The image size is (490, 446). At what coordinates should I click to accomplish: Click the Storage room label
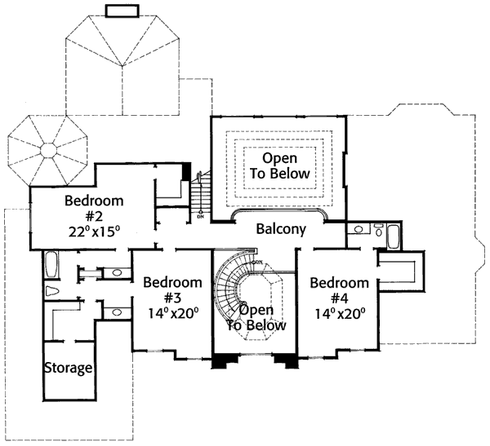[x=68, y=368]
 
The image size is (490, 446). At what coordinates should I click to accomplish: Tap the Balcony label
[x=281, y=229]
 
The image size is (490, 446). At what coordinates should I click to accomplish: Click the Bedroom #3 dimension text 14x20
[x=172, y=312]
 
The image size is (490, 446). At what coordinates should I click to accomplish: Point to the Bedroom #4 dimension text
[x=337, y=312]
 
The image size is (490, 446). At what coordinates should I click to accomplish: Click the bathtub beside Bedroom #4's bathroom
[x=392, y=237]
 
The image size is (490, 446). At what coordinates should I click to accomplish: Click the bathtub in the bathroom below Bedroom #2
[x=51, y=266]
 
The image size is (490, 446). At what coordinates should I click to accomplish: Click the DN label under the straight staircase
[x=201, y=219]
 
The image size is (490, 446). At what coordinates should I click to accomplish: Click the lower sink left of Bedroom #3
[x=117, y=311]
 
